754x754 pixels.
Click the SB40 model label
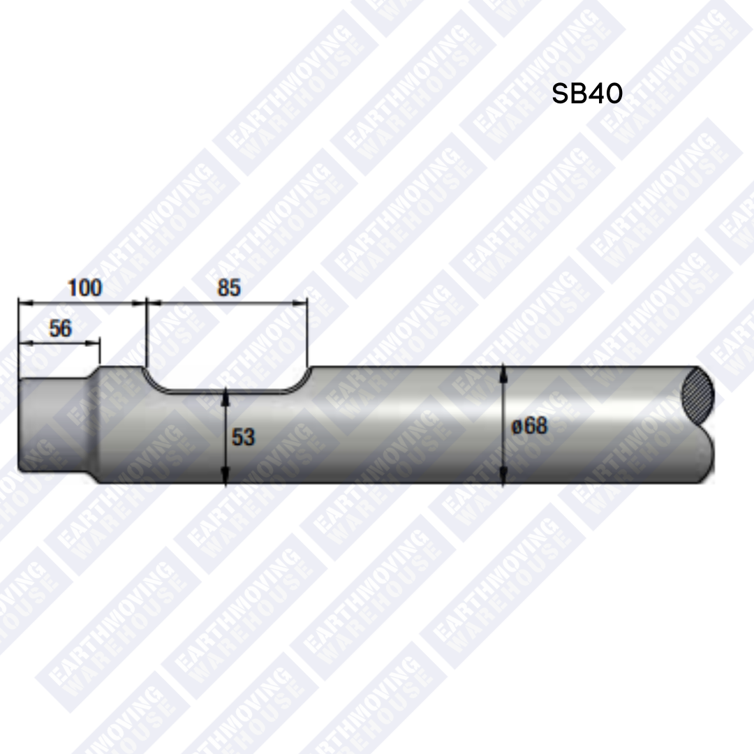point(586,94)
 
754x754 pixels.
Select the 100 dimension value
point(84,287)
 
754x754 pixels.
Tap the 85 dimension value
point(229,287)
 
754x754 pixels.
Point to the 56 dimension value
point(60,328)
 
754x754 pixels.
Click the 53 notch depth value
point(244,438)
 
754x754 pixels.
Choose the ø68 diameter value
point(530,425)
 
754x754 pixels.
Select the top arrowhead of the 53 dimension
point(225,395)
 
